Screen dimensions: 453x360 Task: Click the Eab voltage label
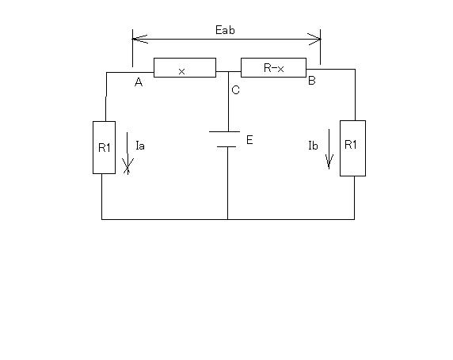click(225, 30)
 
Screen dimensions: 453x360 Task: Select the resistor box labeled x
click(185, 67)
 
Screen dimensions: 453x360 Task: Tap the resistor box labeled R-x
click(273, 67)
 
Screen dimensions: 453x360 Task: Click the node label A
click(139, 82)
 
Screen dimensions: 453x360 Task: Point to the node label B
click(312, 80)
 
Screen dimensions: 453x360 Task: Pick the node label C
click(235, 90)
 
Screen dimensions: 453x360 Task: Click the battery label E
click(249, 140)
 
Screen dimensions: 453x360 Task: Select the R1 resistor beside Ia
click(104, 147)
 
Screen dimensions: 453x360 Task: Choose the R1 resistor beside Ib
click(352, 148)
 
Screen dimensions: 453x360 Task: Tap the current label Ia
click(140, 146)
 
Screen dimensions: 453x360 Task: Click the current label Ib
click(313, 146)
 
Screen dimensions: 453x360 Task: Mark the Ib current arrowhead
click(329, 161)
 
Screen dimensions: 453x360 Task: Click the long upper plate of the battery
click(224, 131)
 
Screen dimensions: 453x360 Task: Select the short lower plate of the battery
click(226, 146)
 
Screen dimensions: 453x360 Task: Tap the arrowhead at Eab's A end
click(140, 39)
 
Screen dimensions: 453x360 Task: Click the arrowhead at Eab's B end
click(314, 39)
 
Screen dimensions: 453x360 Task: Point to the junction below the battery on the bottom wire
click(227, 219)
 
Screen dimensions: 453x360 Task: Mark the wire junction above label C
click(229, 71)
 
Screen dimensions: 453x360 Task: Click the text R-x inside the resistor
click(273, 68)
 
